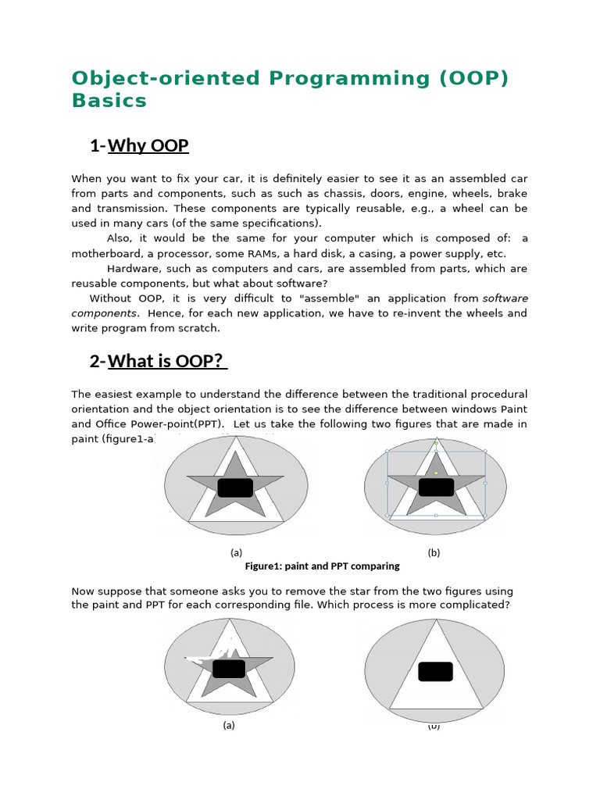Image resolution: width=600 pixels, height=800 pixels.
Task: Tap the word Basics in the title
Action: tap(109, 101)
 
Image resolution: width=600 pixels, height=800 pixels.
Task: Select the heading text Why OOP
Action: tap(148, 146)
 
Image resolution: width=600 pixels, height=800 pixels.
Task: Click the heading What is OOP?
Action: tap(166, 361)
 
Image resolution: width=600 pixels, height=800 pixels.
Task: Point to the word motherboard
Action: tap(109, 253)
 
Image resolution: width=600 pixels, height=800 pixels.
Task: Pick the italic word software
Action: tap(505, 298)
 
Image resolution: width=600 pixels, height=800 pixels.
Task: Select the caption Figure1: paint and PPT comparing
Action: tap(322, 566)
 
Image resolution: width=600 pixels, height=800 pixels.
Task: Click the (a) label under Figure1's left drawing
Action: tap(236, 552)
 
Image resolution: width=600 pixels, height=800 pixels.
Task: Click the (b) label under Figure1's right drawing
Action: tap(434, 552)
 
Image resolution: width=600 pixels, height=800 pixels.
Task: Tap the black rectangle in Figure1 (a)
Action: tap(235, 488)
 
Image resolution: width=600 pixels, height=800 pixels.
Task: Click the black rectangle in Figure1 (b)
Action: tap(436, 487)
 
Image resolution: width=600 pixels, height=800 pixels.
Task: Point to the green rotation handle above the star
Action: tap(436, 443)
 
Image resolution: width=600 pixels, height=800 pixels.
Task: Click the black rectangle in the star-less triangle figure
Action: tap(435, 671)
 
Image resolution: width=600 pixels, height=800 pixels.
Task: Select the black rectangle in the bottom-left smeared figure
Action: tap(229, 669)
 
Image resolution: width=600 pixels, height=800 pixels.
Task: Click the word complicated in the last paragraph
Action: tap(470, 605)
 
